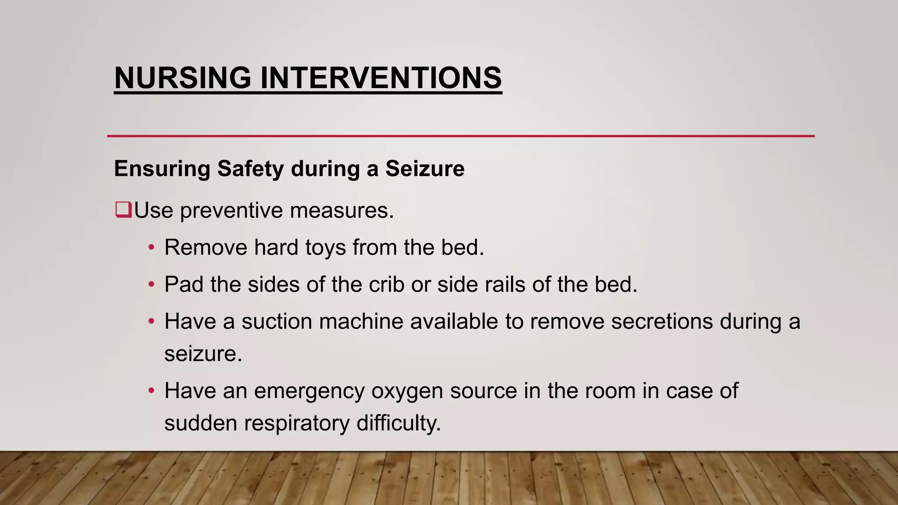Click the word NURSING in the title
183,78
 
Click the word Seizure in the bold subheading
424,168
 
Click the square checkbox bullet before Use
123,210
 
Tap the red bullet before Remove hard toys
151,248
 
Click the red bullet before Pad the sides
151,285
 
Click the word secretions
662,321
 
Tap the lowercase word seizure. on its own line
203,354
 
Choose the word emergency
309,391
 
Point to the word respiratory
296,423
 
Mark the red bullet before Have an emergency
151,391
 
